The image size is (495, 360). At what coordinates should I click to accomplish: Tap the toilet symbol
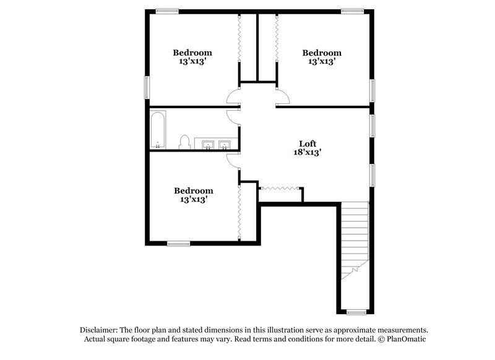[x=184, y=142]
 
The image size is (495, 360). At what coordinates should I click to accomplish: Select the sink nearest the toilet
[x=209, y=145]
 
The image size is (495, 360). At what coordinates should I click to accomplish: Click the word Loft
[x=308, y=144]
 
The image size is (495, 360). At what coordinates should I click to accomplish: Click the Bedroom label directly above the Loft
[x=322, y=53]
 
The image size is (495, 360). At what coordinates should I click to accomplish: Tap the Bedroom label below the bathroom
[x=193, y=191]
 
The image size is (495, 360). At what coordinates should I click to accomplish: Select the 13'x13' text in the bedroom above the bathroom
[x=192, y=61]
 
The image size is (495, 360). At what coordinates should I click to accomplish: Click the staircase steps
[x=355, y=235]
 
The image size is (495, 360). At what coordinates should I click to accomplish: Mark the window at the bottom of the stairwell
[x=355, y=312]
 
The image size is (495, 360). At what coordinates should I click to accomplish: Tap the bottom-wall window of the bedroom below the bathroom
[x=178, y=244]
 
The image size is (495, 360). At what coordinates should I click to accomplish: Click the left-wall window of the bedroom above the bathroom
[x=147, y=87]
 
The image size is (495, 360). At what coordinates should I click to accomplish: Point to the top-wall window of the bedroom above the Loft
[x=352, y=11]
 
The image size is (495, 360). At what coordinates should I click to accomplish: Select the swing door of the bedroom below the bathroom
[x=233, y=160]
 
